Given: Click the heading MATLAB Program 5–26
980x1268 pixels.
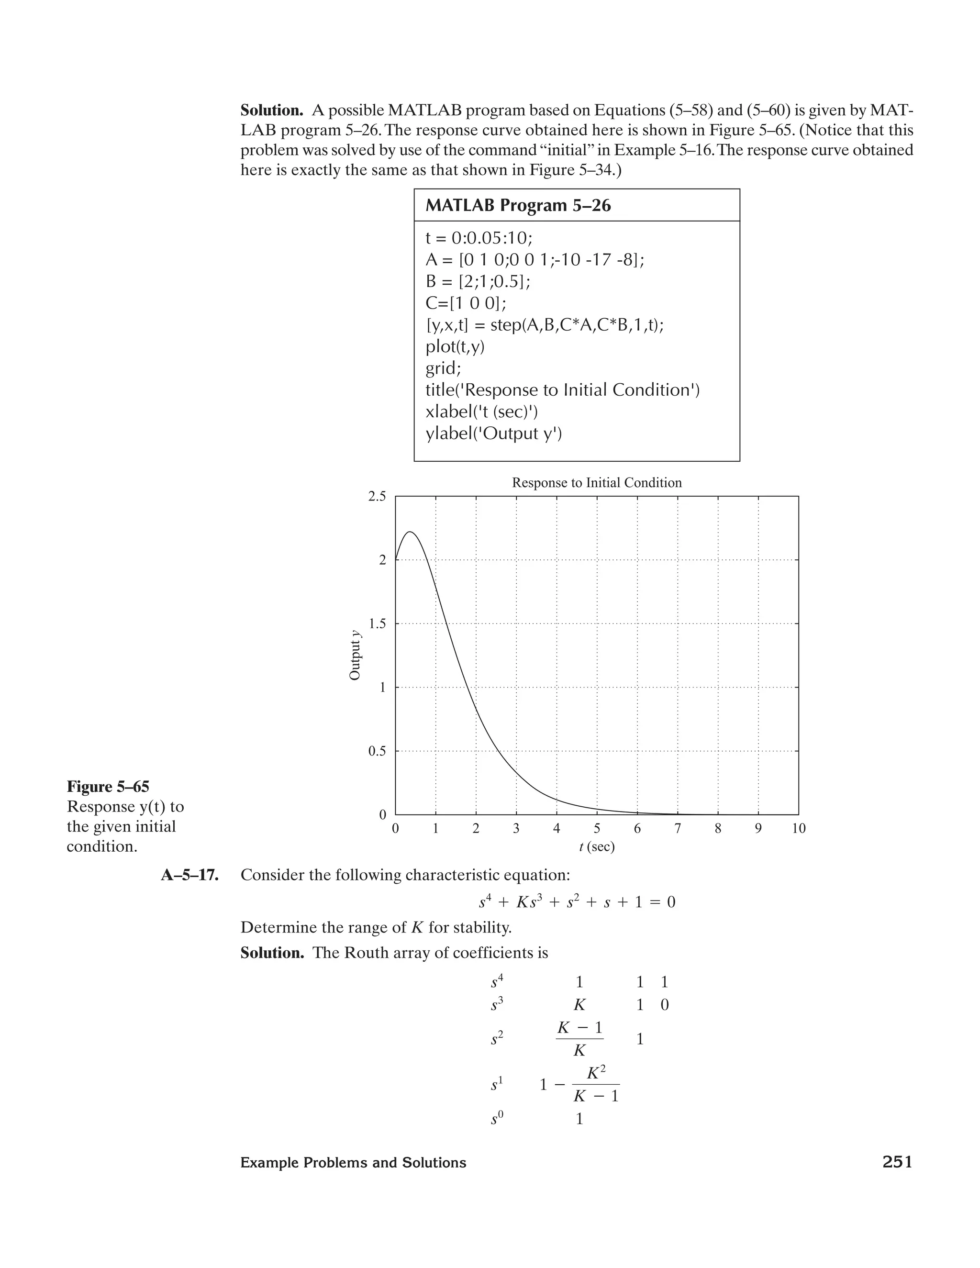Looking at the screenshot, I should [518, 206].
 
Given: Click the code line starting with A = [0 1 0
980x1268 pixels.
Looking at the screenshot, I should [535, 259].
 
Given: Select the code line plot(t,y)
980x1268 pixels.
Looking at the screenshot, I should [455, 346].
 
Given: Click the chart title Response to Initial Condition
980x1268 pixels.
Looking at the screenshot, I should [596, 482].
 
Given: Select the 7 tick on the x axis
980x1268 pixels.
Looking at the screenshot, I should [678, 828].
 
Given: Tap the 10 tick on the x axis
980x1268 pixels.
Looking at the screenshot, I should [798, 828].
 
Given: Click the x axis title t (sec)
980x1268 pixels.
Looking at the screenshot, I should [596, 847].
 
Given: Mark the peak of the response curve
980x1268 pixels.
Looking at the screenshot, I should [411, 531].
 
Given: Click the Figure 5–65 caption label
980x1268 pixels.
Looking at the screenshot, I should [108, 787].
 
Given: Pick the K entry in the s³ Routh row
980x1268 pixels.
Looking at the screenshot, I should [579, 1005].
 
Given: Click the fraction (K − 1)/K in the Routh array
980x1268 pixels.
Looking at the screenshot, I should [579, 1039].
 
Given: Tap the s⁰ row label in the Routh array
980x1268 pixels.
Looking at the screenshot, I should [496, 1119].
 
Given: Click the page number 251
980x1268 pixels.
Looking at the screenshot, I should [897, 1162].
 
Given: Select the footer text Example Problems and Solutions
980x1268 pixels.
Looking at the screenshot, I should [353, 1163].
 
